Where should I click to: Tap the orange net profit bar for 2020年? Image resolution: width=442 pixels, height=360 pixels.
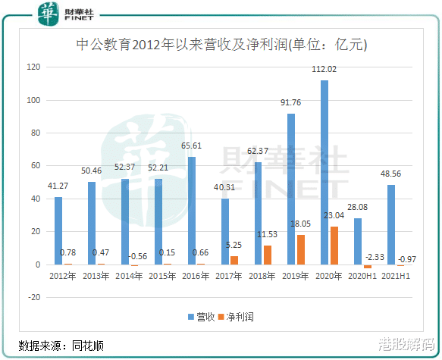[x=335, y=246]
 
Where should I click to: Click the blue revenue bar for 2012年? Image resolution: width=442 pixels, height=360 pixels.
[x=58, y=231]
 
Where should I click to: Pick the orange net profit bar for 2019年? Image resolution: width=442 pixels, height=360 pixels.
[x=302, y=250]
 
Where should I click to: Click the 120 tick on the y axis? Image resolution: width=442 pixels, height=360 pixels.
[x=33, y=67]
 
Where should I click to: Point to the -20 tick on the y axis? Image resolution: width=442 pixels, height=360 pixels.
[x=33, y=298]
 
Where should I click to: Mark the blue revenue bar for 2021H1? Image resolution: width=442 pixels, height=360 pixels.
[x=391, y=225]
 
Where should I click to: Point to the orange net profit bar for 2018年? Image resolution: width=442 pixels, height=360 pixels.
[x=268, y=255]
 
